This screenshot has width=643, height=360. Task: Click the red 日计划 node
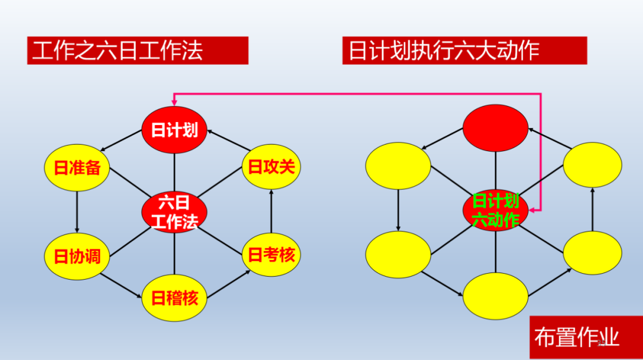click(x=174, y=130)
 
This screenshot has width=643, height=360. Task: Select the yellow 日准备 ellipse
click(x=77, y=168)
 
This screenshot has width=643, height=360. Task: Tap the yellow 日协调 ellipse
click(x=77, y=256)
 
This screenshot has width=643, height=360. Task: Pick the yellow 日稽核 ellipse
click(x=174, y=298)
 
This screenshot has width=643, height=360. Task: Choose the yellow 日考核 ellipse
click(x=271, y=255)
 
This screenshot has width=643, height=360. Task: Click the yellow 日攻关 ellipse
click(x=271, y=167)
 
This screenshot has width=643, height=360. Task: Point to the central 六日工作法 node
click(x=174, y=212)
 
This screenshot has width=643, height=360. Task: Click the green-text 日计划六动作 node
click(x=495, y=210)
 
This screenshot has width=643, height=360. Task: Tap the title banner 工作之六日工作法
click(x=138, y=51)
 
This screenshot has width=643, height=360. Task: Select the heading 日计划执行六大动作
click(x=464, y=51)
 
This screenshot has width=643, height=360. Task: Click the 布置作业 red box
click(x=586, y=337)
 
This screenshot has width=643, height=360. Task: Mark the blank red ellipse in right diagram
click(x=495, y=128)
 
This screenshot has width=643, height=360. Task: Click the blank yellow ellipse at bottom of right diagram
click(x=495, y=296)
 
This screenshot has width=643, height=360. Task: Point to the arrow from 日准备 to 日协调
click(x=77, y=212)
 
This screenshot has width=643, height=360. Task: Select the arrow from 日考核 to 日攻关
click(x=271, y=211)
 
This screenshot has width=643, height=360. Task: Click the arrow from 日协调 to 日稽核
click(x=121, y=286)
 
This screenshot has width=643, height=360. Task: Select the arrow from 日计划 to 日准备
click(x=121, y=140)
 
